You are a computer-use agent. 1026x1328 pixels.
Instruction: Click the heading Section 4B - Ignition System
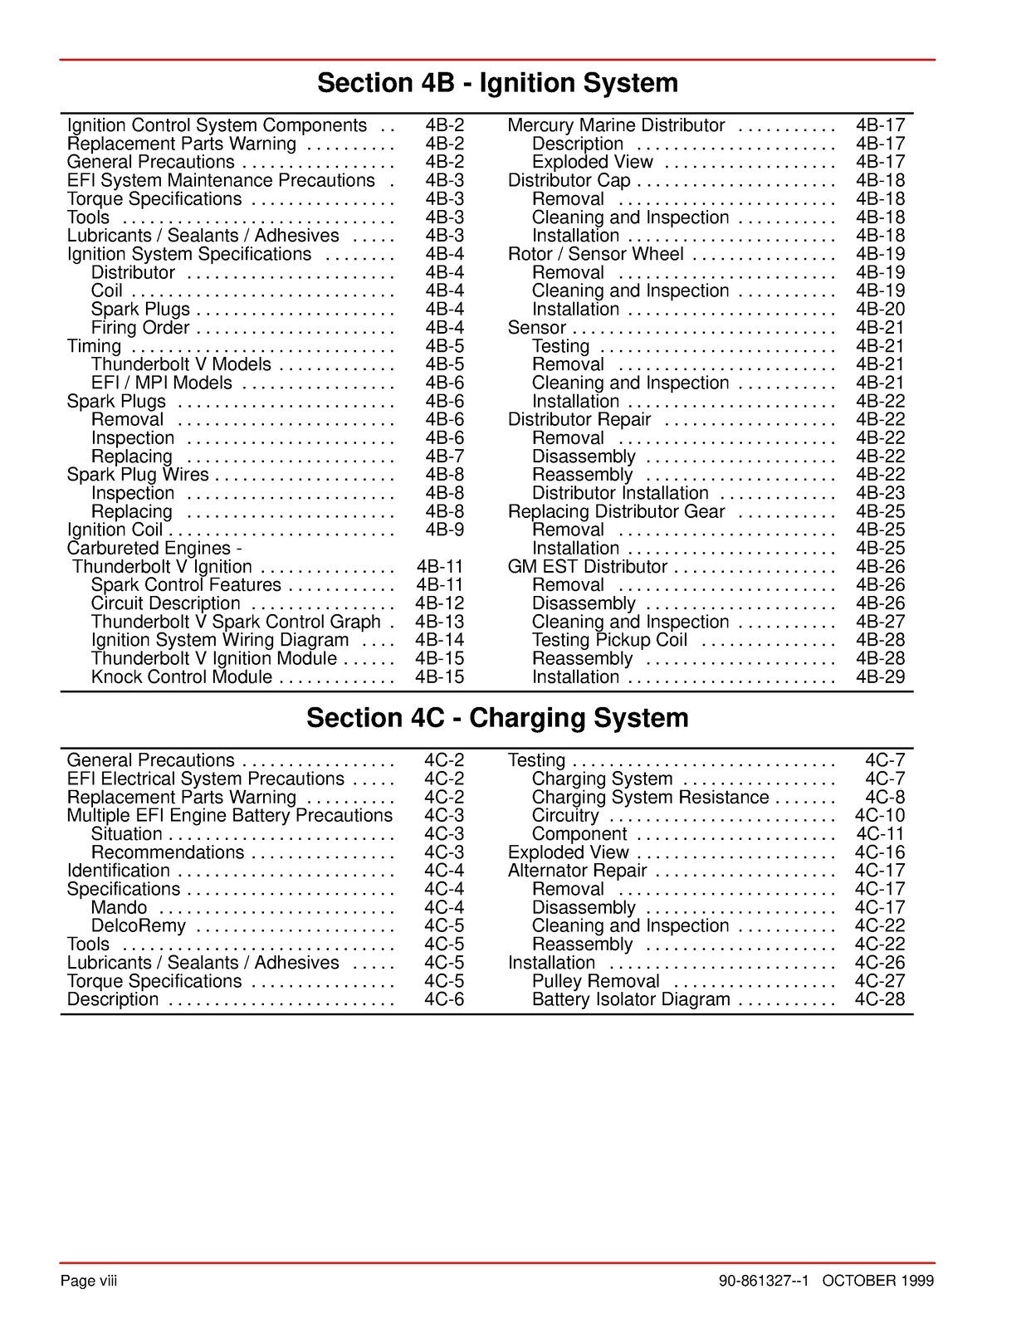coord(497,83)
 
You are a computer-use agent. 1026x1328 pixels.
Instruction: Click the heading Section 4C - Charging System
coord(497,718)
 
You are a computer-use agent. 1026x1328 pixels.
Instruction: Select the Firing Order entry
coord(139,328)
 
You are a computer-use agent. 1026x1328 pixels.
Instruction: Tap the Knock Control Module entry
coord(181,677)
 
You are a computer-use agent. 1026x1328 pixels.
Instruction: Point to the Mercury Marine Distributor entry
coord(616,125)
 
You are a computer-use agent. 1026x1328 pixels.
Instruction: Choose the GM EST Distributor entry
coord(587,567)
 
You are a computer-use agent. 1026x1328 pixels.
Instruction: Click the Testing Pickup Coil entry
coord(609,640)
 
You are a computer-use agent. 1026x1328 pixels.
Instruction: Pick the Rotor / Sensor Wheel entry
coord(595,254)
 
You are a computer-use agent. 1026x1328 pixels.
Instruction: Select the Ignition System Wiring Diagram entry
coord(219,640)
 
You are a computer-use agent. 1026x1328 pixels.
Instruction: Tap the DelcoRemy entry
coord(138,926)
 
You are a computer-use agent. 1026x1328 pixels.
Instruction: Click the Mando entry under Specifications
coord(119,908)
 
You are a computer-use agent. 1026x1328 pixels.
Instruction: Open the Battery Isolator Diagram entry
coord(631,999)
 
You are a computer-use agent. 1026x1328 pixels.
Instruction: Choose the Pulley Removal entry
coord(595,981)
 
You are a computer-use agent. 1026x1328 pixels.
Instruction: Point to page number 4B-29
coord(880,677)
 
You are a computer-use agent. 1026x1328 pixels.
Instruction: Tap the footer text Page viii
coord(89,1281)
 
